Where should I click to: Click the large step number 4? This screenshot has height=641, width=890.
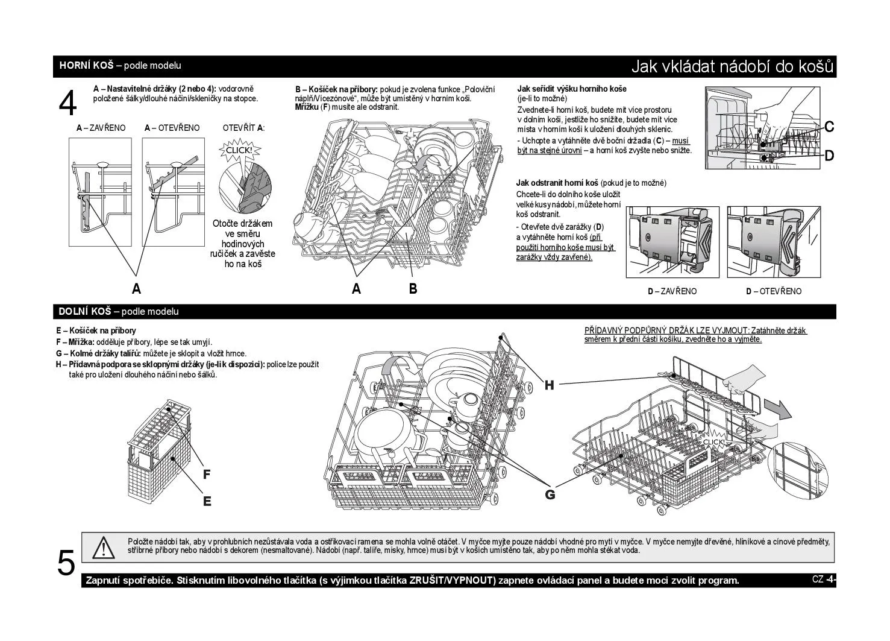pyautogui.click(x=67, y=103)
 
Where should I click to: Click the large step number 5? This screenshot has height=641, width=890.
pyautogui.click(x=66, y=563)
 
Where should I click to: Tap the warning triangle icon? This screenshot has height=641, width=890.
pyautogui.click(x=103, y=548)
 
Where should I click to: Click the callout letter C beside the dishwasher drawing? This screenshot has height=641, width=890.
pyautogui.click(x=829, y=127)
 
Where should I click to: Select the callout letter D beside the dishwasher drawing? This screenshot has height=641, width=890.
pyautogui.click(x=829, y=156)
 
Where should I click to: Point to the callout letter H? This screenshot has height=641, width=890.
pyautogui.click(x=549, y=385)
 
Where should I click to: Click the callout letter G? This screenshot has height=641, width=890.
pyautogui.click(x=550, y=494)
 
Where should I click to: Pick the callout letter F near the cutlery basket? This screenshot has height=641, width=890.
pyautogui.click(x=207, y=474)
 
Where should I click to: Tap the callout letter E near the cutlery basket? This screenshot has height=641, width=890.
pyautogui.click(x=207, y=502)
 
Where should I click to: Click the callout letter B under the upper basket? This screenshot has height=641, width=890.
pyautogui.click(x=413, y=288)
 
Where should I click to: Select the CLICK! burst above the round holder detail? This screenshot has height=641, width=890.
pyautogui.click(x=239, y=150)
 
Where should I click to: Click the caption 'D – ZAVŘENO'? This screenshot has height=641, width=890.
pyautogui.click(x=672, y=291)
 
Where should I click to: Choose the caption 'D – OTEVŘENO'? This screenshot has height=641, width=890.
pyautogui.click(x=774, y=291)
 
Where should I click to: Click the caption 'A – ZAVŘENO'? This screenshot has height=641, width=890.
pyautogui.click(x=101, y=128)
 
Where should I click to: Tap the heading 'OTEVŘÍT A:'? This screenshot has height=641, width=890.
pyautogui.click(x=243, y=128)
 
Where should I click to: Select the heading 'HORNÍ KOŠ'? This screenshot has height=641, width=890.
pyautogui.click(x=86, y=65)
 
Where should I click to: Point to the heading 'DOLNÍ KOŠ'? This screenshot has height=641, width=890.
pyautogui.click(x=85, y=311)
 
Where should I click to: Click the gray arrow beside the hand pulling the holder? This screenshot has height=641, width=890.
pyautogui.click(x=778, y=409)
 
